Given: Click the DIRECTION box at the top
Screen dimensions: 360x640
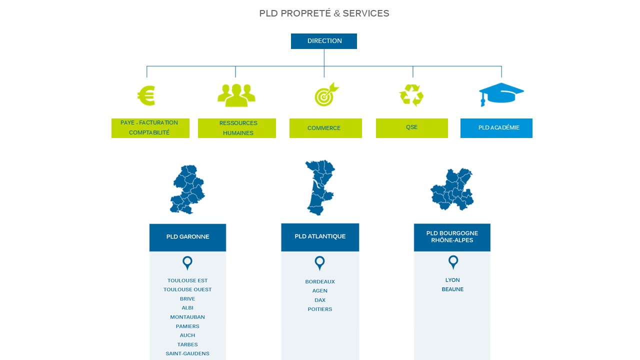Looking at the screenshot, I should pyautogui.click(x=324, y=41).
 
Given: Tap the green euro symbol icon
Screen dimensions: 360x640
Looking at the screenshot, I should pyautogui.click(x=146, y=95).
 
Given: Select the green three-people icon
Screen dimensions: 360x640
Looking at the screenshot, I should pyautogui.click(x=236, y=95).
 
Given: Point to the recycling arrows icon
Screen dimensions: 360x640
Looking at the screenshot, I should pyautogui.click(x=411, y=95).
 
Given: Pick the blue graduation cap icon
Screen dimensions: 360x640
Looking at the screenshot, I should pyautogui.click(x=501, y=94).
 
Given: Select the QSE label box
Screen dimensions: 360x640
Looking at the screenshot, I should pyautogui.click(x=411, y=127).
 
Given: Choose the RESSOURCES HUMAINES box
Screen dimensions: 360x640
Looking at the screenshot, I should pyautogui.click(x=237, y=128).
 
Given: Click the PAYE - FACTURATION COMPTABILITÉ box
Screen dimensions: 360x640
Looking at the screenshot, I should pyautogui.click(x=150, y=128).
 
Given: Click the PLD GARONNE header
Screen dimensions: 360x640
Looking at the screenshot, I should pyautogui.click(x=187, y=237).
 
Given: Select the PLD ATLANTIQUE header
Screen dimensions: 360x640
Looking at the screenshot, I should pyautogui.click(x=320, y=236).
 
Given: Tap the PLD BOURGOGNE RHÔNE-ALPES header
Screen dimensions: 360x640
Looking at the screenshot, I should pyautogui.click(x=452, y=237).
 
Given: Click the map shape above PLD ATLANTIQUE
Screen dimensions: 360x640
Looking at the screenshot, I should pyautogui.click(x=319, y=187).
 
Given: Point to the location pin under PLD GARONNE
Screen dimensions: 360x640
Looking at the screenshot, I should pyautogui.click(x=187, y=262).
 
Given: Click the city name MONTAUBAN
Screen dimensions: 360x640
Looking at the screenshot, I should pyautogui.click(x=187, y=317).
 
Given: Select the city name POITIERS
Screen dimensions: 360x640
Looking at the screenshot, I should pyautogui.click(x=320, y=309).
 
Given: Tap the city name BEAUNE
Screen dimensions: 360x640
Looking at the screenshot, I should pyautogui.click(x=452, y=289).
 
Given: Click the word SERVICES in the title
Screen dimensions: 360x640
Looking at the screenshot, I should pyautogui.click(x=366, y=13).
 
